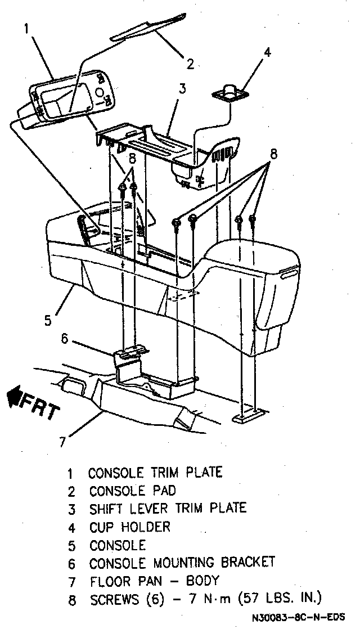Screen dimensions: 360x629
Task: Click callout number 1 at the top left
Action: click(26, 28)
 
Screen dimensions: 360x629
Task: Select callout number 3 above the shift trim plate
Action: click(182, 88)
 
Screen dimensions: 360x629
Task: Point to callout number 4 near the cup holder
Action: click(267, 52)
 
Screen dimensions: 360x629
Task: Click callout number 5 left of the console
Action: click(48, 320)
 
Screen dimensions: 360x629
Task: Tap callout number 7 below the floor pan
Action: click(62, 441)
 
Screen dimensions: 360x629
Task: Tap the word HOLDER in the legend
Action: click(144, 527)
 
